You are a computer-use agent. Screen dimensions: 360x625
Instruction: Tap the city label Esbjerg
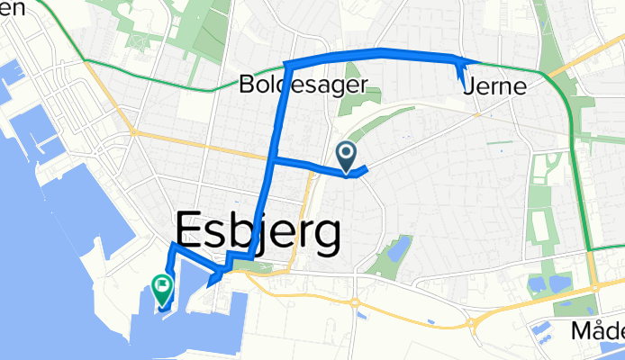coord(258,232)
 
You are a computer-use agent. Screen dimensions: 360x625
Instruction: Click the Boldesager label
coord(305,86)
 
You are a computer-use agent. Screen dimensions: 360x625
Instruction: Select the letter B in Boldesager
coord(247,86)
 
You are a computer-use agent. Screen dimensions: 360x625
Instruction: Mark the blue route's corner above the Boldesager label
coord(286,64)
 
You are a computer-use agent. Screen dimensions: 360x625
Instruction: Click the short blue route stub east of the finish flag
coord(211,284)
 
